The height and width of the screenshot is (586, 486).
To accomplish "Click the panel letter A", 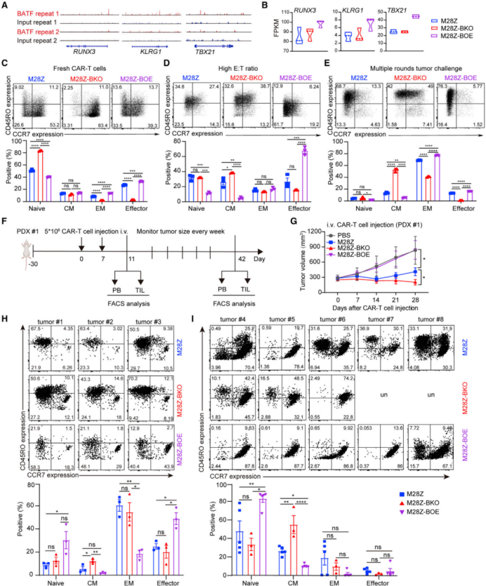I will pos(6,6).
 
